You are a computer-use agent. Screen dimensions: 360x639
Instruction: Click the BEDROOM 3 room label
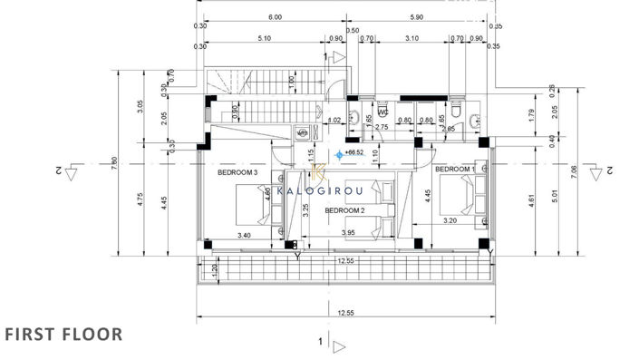[x=237, y=172]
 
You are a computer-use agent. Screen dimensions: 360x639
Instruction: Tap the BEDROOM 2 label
[x=344, y=210]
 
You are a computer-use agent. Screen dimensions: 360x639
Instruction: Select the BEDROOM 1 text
[x=454, y=170]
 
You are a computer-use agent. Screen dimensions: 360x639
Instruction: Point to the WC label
[x=382, y=113]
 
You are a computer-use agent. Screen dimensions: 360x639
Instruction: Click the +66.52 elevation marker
[x=354, y=153]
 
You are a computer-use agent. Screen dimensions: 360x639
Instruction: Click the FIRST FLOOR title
[x=63, y=334]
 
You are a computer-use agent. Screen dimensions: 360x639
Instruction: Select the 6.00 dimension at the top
[x=275, y=17]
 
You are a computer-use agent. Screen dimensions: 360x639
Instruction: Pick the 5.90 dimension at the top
[x=417, y=17]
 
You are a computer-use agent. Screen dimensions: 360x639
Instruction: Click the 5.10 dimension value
[x=266, y=38]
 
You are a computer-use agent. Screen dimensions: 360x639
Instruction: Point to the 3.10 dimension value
[x=411, y=38]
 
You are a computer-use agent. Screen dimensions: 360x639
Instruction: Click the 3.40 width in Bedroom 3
[x=243, y=236]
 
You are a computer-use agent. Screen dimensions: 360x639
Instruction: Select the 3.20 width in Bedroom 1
[x=450, y=220]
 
